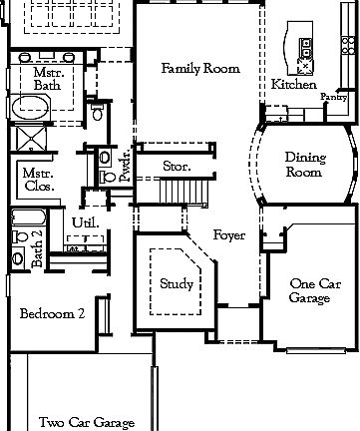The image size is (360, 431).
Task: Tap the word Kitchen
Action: click(x=294, y=85)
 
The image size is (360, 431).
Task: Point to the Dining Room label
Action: click(x=303, y=165)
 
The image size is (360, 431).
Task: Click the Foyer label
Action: click(x=230, y=234)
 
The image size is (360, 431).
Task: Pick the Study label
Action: click(x=177, y=284)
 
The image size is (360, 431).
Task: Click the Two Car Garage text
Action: click(x=87, y=422)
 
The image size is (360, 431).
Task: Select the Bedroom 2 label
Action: click(x=51, y=312)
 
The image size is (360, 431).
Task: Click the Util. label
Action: click(x=85, y=221)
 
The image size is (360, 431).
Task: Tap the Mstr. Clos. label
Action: click(x=38, y=179)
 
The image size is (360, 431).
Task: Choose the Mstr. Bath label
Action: click(x=48, y=80)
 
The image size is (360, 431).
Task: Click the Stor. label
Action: click(x=177, y=165)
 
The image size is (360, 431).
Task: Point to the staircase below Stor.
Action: click(x=180, y=191)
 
